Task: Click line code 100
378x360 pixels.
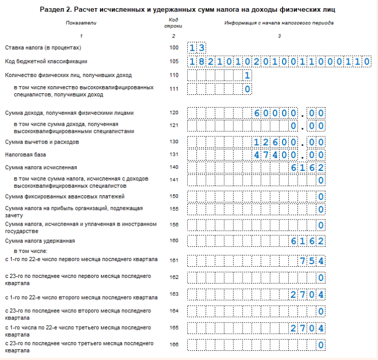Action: [174, 48]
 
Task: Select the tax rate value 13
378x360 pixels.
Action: [197, 48]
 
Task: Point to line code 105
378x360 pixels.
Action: [174, 62]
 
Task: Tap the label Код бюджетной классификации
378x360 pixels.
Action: [39, 62]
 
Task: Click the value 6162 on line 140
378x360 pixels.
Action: [307, 167]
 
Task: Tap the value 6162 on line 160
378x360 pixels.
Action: [307, 241]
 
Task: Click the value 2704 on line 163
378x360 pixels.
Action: [307, 294]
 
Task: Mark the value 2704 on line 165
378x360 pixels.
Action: [307, 328]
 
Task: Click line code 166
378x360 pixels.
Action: [174, 344]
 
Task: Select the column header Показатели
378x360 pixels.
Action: [81, 23]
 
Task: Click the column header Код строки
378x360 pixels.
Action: [174, 24]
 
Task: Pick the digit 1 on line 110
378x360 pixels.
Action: [247, 75]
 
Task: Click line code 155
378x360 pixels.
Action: [174, 209]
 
